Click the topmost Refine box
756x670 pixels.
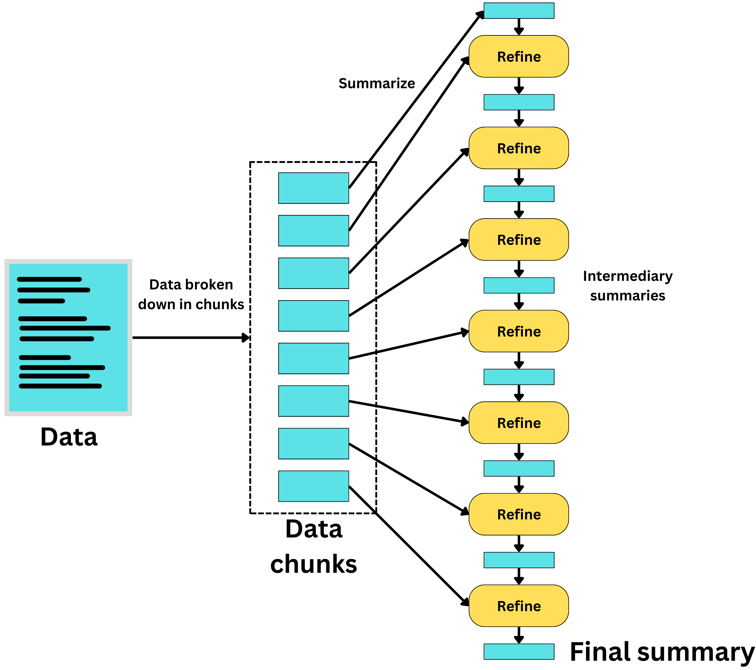pyautogui.click(x=519, y=57)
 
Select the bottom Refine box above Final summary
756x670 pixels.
pyautogui.click(x=519, y=606)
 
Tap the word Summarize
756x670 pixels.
pyautogui.click(x=377, y=83)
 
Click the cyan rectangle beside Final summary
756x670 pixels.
pyautogui.click(x=519, y=651)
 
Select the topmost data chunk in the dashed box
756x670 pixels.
pyautogui.click(x=313, y=188)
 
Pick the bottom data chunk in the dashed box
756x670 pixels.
pyautogui.click(x=313, y=486)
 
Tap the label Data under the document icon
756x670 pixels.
pyautogui.click(x=69, y=437)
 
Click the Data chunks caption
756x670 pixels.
pyautogui.click(x=314, y=547)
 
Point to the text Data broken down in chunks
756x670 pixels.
pyautogui.click(x=191, y=294)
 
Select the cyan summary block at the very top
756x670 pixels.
pyautogui.click(x=519, y=11)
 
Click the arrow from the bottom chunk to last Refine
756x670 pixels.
pyautogui.click(x=409, y=546)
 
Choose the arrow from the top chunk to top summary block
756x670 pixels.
pyautogui.click(x=416, y=100)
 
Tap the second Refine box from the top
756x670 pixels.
pyautogui.click(x=519, y=148)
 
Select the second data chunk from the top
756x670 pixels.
pyautogui.click(x=313, y=231)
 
